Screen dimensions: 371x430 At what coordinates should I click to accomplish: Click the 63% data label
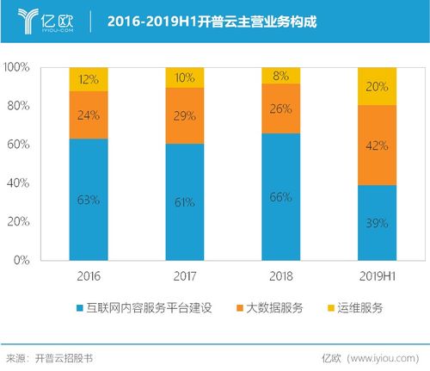click(89, 199)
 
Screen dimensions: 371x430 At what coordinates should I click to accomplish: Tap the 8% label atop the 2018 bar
click(280, 75)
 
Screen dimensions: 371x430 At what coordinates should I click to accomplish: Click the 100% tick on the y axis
click(18, 67)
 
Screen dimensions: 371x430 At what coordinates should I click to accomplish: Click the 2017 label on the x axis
click(184, 275)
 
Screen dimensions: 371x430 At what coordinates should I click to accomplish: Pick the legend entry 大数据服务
click(273, 307)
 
